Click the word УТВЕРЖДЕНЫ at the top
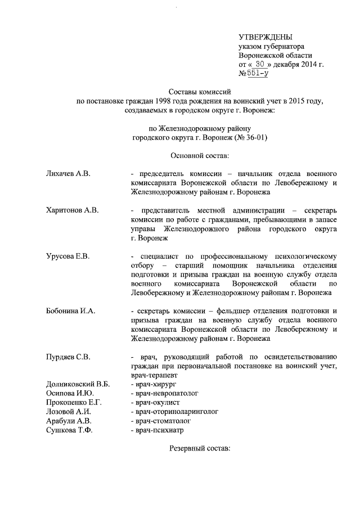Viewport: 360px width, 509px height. coord(265,37)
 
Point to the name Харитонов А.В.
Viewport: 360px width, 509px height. coord(72,210)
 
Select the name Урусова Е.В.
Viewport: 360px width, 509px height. coord(67,256)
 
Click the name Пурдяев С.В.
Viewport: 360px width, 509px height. coord(68,357)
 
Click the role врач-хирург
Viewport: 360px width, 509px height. coord(152,384)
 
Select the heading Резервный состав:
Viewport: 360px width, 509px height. coord(200,451)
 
